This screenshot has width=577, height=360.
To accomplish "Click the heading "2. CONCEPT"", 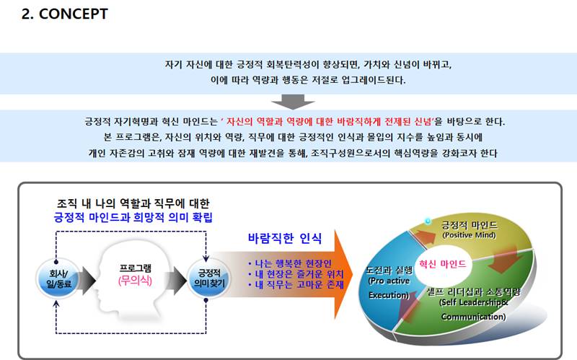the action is pos(64,14).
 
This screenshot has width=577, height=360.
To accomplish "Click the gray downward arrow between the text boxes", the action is pos(293,102).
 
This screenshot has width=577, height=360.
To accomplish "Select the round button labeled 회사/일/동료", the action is pos(58,278).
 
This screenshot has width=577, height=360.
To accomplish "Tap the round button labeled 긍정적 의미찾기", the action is pos(209,278).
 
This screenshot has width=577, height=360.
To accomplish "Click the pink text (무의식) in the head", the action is pos(135,281).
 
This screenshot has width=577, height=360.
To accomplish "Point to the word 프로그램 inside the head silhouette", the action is pos(136,268).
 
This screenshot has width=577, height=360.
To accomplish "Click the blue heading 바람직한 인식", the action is pos(285,239).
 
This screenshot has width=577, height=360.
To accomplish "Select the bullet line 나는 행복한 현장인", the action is pos(290,263).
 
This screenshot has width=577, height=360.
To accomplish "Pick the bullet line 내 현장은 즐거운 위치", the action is pos(296,274).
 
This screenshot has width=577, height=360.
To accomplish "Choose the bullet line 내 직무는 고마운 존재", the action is pos(296,284).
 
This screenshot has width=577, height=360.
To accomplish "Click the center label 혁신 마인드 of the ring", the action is pos(442,264).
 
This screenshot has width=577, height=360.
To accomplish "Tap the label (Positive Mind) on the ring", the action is pos(470,235).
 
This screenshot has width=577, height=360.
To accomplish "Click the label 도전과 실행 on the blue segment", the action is pos(389,271).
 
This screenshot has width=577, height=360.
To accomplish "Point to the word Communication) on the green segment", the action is pos(473,317).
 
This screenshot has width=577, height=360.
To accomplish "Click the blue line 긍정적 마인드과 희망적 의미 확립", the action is pos(133,217).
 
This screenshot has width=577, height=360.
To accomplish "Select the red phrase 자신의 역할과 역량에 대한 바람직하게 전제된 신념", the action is pos(329,121).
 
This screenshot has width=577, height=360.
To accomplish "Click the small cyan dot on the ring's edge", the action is pos(428,221).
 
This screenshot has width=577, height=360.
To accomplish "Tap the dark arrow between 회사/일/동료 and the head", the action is pos(87,281).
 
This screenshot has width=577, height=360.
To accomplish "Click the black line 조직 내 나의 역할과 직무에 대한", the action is pos(133,203).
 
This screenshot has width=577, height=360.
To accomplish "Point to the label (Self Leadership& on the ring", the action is pos(474,302).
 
